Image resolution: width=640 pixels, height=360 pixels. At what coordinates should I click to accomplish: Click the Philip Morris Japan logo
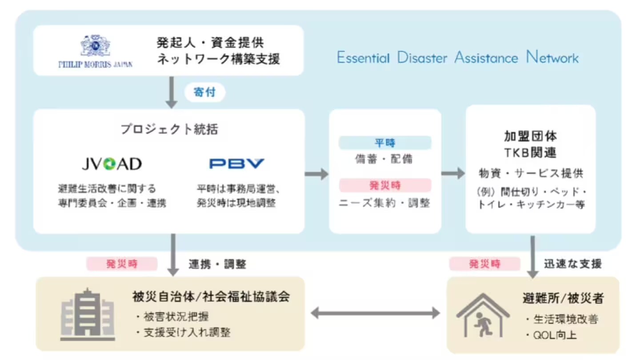pos(95,51)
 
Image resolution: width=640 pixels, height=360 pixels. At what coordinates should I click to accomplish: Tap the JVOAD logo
pos(112,164)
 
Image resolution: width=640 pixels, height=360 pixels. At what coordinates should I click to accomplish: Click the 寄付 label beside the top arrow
pos(205,93)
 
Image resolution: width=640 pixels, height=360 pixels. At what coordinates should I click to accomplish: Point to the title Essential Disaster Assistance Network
pos(457,58)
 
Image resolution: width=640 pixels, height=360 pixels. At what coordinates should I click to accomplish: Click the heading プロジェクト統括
pos(169,129)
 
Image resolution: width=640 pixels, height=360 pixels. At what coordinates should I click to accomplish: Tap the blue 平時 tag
pos(385,143)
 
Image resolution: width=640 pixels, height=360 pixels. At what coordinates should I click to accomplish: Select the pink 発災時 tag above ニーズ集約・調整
pos(385,185)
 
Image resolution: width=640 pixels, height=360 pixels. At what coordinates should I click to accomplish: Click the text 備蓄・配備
pos(384,159)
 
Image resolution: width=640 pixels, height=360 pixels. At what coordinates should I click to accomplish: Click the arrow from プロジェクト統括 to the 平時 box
pos(316,174)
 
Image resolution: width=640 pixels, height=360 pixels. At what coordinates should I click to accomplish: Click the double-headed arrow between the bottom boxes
pos(375,314)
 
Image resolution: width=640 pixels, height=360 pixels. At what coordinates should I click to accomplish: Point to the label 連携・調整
pos(217,264)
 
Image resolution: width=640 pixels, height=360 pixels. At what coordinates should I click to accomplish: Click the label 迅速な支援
pos(573,264)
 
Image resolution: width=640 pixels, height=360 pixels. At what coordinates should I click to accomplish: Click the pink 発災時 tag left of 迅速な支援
pos(484,264)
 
